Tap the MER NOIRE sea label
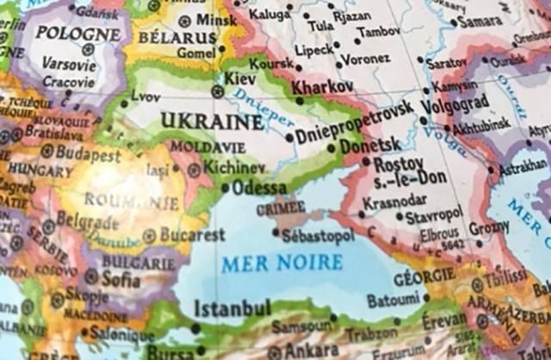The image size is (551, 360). (x=282, y=263)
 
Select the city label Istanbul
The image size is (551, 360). (x=232, y=308)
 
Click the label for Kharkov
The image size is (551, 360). (x=322, y=87)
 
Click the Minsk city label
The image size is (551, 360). (x=216, y=19)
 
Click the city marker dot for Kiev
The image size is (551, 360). (x=217, y=90)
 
